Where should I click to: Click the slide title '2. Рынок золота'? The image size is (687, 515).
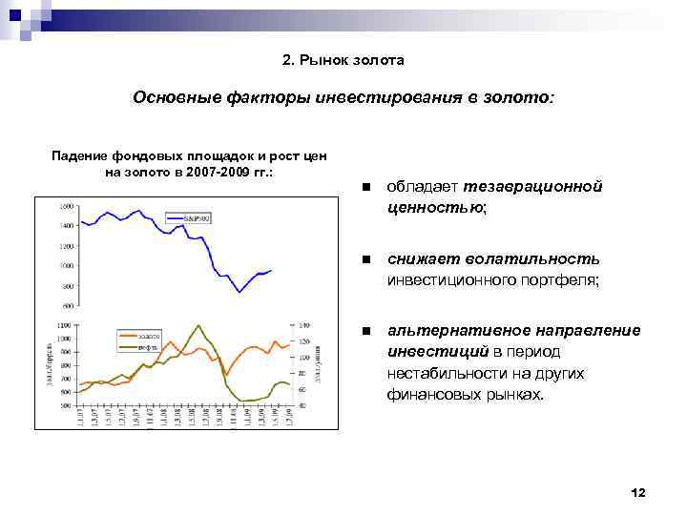coord(343,60)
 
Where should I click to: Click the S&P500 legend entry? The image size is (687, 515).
coord(197,218)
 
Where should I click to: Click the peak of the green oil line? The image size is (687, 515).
coord(197,325)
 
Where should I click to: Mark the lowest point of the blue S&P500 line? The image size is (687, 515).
coord(239,292)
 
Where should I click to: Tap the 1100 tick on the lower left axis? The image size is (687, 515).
coord(64,325)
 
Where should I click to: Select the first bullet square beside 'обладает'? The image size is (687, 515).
coord(364,188)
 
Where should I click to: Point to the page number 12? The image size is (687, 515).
coord(638,492)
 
